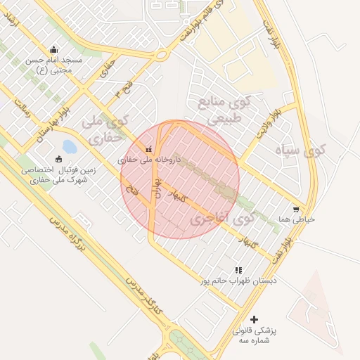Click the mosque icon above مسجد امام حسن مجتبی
54,49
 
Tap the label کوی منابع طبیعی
224,110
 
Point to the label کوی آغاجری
221,220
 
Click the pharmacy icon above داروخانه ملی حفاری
148,149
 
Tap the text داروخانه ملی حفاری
149,160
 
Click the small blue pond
69,146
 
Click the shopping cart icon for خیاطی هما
296,209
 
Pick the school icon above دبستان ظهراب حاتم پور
238,270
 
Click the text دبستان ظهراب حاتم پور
238,281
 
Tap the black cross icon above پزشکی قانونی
255,319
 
